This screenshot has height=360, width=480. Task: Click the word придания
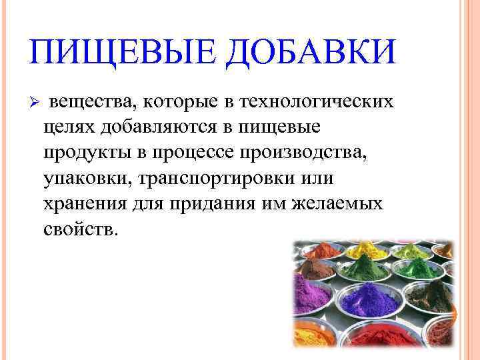214,204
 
